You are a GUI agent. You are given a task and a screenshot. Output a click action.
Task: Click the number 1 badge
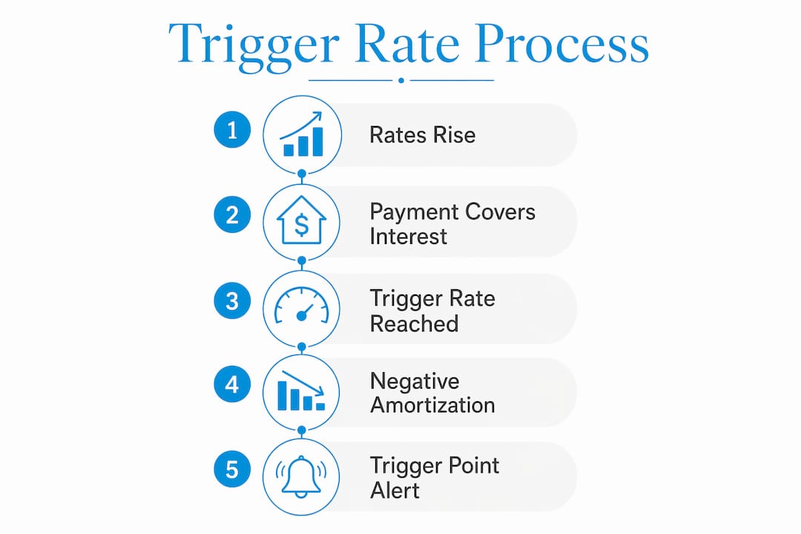pyautogui.click(x=232, y=130)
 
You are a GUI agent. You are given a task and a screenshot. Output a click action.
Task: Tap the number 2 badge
pyautogui.click(x=232, y=214)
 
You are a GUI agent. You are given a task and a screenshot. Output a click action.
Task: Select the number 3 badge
pyautogui.click(x=232, y=300)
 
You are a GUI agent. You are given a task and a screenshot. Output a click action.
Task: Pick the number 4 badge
pyautogui.click(x=232, y=383)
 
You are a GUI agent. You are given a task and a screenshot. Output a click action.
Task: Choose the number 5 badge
pyautogui.click(x=232, y=469)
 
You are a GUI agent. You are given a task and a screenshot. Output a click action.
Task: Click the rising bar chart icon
pyautogui.click(x=301, y=134)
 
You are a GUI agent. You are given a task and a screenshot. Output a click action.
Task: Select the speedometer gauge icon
pyautogui.click(x=301, y=306)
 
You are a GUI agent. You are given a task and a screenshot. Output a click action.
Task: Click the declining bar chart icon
pyautogui.click(x=301, y=390)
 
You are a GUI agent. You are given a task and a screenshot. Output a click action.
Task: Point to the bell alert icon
pyautogui.click(x=301, y=476)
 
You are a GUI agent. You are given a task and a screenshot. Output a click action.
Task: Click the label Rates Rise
pyautogui.click(x=423, y=135)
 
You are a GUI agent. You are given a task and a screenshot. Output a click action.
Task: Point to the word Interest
pyautogui.click(x=408, y=237)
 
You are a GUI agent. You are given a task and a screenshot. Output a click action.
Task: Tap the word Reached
pyautogui.click(x=414, y=323)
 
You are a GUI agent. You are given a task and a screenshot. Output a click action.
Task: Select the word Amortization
pyautogui.click(x=432, y=405)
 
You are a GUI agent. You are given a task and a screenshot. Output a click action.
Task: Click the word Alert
pyautogui.click(x=395, y=490)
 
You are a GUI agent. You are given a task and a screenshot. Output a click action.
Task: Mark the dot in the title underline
pyautogui.click(x=401, y=80)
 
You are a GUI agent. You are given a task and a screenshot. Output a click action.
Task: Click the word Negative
pyautogui.click(x=415, y=381)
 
